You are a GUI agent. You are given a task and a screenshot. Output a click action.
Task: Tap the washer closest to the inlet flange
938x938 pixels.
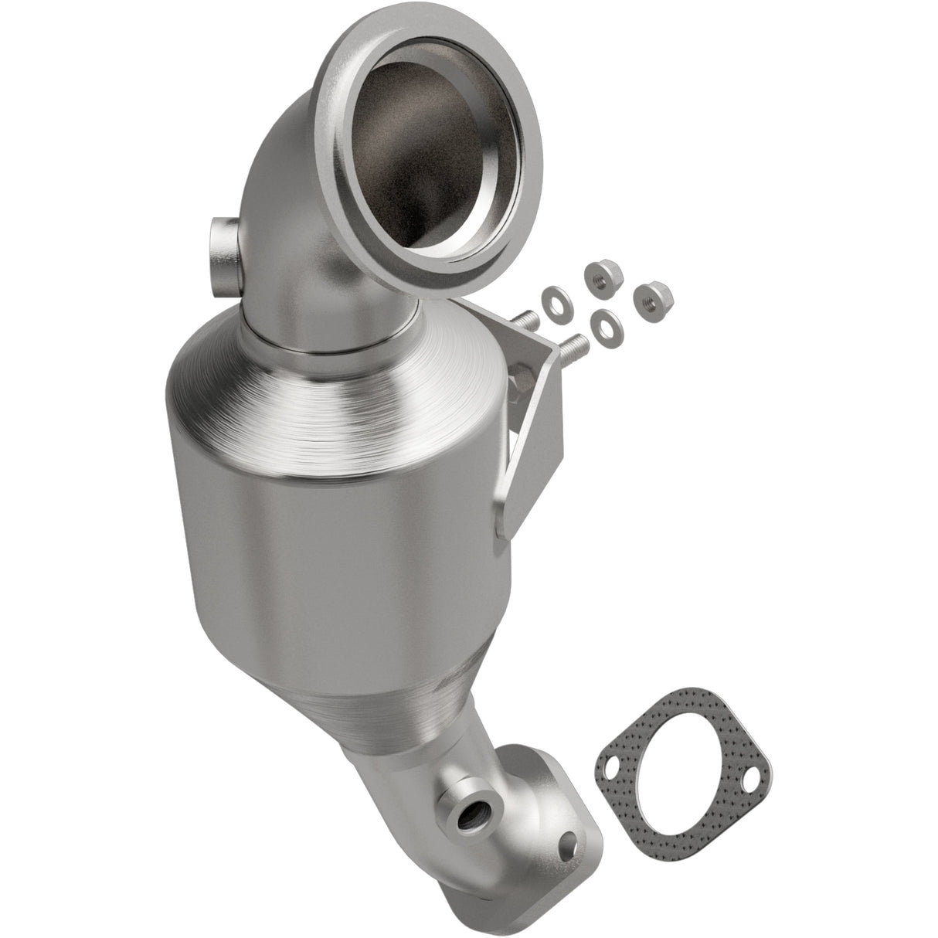click(554, 297)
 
